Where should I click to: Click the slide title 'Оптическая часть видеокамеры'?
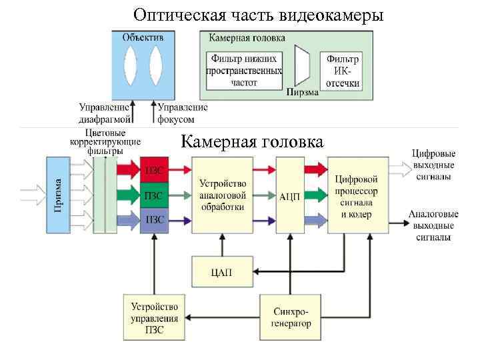(x=258, y=14)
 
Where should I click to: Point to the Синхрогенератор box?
(x=291, y=317)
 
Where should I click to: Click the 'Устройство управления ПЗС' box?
(x=154, y=317)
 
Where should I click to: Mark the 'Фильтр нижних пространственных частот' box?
(x=244, y=70)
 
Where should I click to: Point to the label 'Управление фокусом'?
(x=181, y=113)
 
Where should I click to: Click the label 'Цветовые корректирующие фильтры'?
(x=105, y=142)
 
